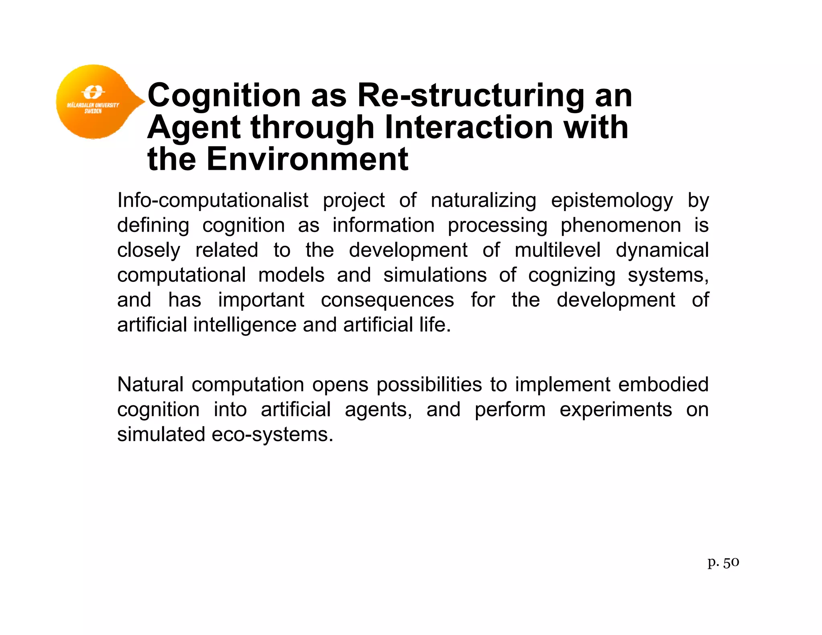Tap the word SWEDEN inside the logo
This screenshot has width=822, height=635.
[93, 111]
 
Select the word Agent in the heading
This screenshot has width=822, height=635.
[193, 128]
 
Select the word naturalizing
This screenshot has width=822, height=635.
[483, 201]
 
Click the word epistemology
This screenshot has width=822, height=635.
[612, 201]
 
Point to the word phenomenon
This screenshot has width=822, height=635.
[621, 226]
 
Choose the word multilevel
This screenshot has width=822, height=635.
[557, 250]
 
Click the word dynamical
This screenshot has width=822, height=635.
[662, 250]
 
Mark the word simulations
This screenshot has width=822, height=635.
[435, 275]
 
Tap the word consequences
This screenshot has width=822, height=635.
[387, 300]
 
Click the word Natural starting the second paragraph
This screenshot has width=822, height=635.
[151, 384]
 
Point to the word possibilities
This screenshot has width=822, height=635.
[429, 385]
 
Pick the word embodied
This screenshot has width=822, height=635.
[663, 384]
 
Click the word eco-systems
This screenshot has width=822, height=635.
[272, 434]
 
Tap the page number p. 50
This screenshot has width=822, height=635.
[723, 562]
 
